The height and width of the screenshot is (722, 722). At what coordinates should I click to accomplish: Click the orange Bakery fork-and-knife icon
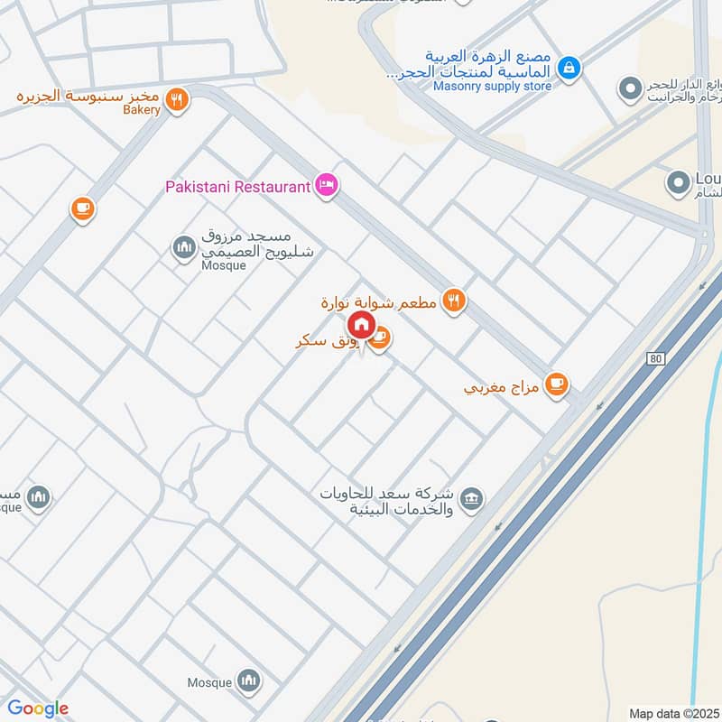[178, 99]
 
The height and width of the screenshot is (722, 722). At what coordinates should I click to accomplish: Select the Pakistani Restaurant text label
[237, 187]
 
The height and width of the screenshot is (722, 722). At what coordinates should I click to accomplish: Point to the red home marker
[362, 325]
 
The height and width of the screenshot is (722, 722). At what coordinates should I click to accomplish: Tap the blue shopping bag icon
[569, 67]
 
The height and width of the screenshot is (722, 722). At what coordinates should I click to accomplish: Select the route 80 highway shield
[654, 358]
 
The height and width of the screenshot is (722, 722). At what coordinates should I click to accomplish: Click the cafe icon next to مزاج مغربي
[557, 384]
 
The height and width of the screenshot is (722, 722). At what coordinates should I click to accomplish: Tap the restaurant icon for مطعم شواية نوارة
[454, 301]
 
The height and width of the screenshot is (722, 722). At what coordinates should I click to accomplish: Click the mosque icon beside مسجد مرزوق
[184, 247]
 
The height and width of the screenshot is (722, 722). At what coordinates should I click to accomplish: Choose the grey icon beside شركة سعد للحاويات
[470, 499]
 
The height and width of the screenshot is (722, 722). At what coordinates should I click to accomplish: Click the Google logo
[37, 708]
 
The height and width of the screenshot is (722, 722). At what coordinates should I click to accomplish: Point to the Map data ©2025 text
[672, 713]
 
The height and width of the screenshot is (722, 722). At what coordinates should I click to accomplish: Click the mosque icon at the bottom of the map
[249, 680]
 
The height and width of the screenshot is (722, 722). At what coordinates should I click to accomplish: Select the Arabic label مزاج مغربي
[501, 389]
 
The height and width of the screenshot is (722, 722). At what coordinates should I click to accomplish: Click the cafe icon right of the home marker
[380, 338]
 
